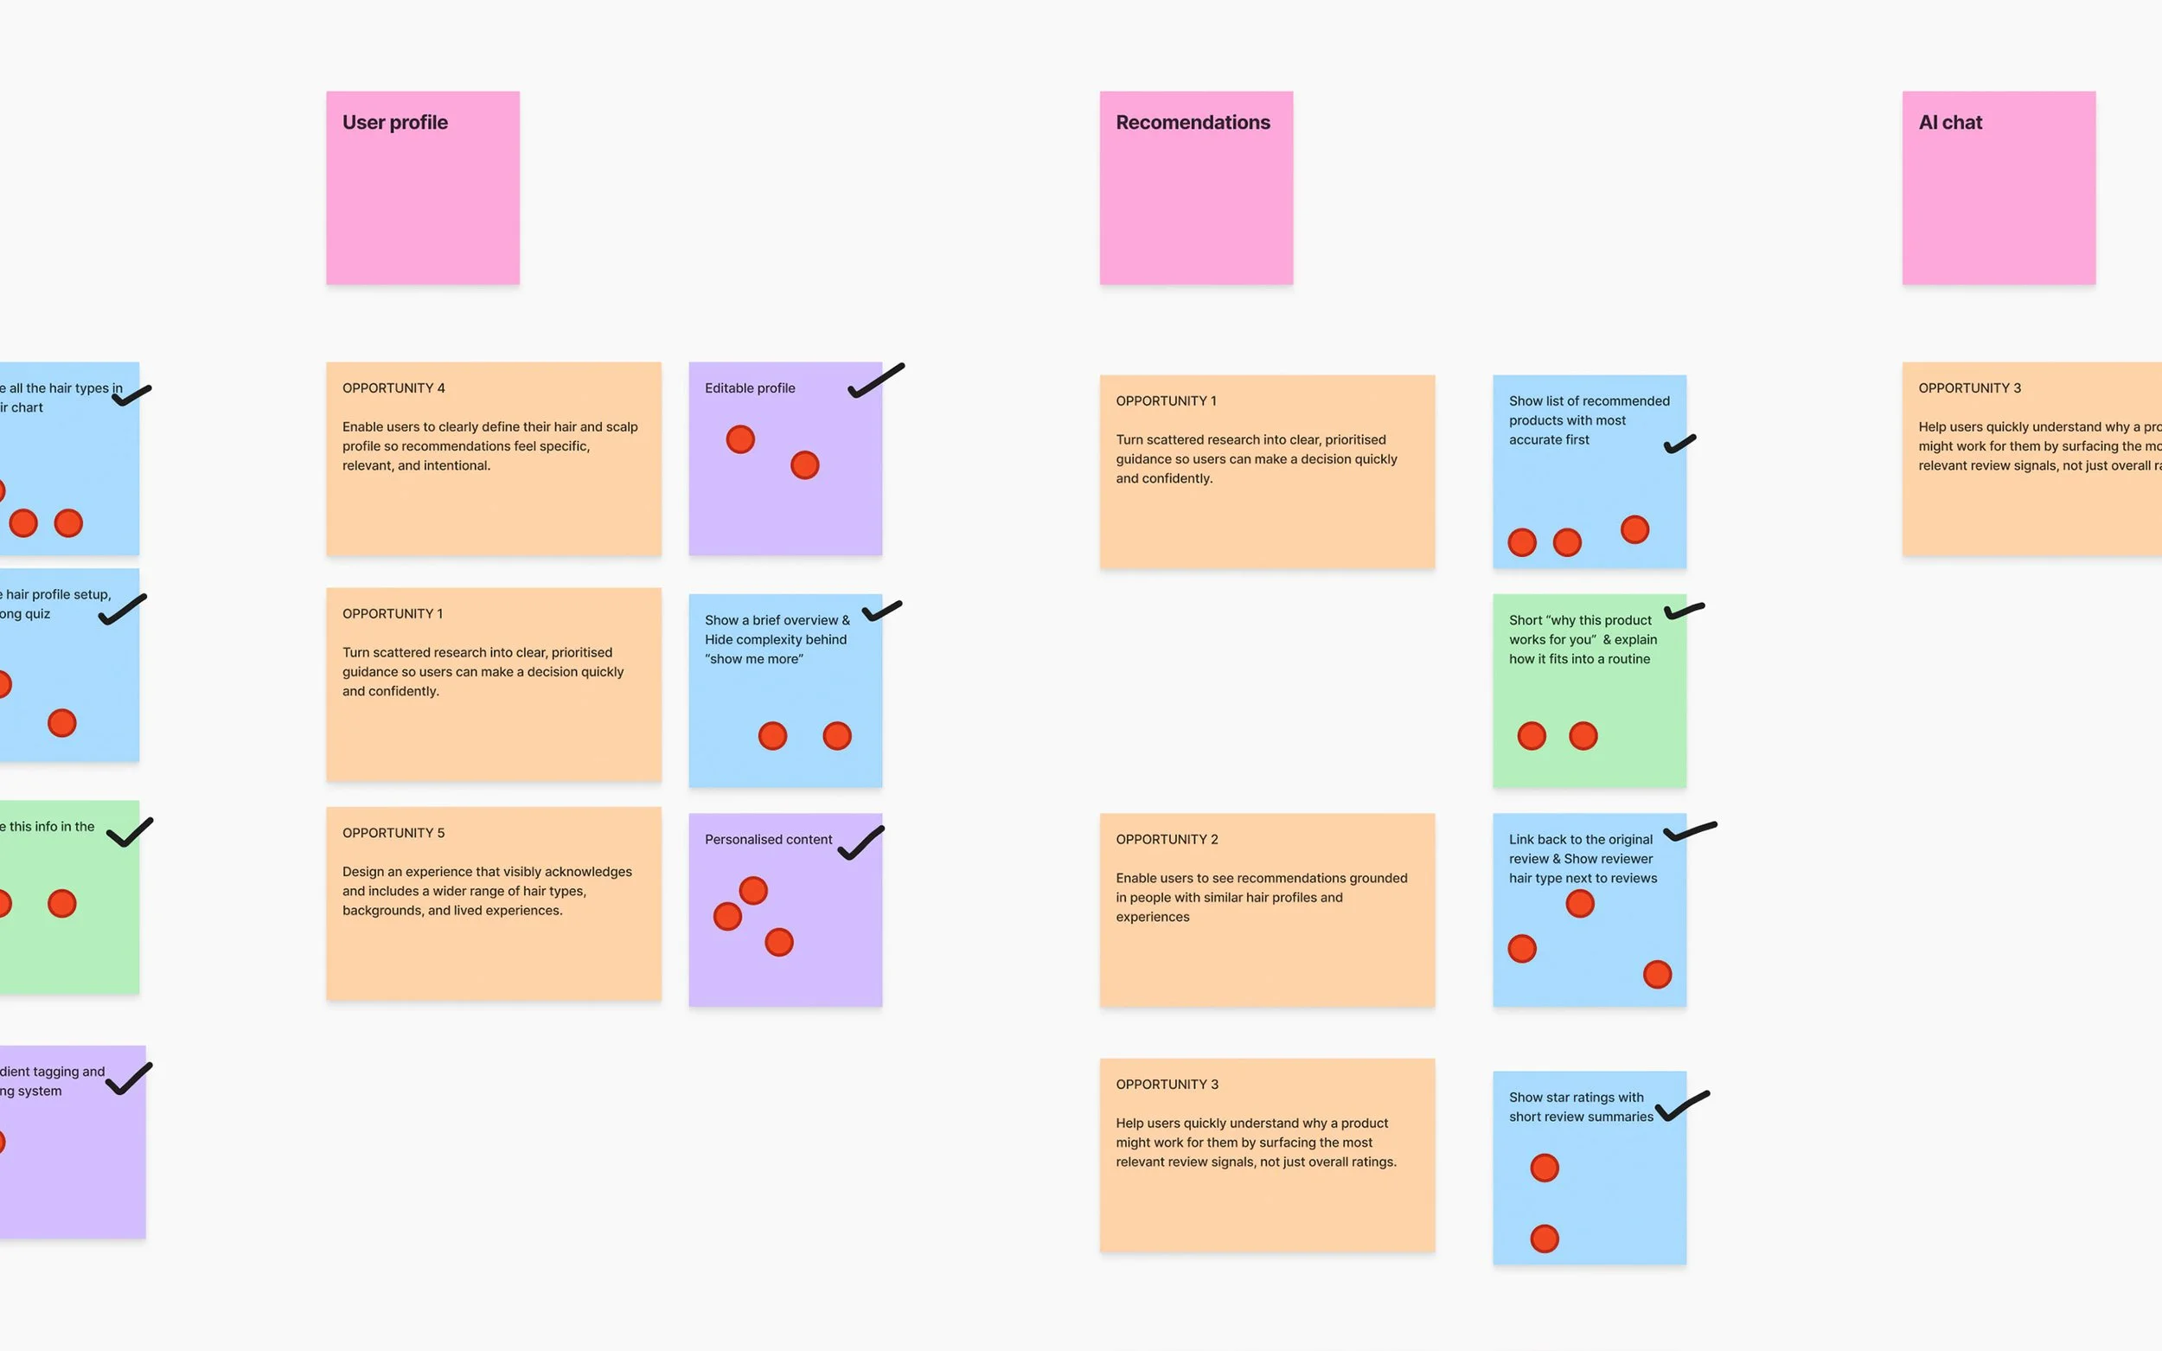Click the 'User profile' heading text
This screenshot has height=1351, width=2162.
(x=395, y=123)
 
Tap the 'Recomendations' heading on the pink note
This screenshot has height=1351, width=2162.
(x=1193, y=123)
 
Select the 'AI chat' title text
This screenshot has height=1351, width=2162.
(x=1949, y=123)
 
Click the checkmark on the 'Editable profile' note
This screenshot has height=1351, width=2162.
(x=874, y=381)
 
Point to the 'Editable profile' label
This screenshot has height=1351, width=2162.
(x=750, y=387)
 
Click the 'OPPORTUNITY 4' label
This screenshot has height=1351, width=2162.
(x=393, y=387)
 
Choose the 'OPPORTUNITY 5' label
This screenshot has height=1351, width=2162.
(x=393, y=833)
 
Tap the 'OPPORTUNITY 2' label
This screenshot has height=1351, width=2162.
(x=1167, y=839)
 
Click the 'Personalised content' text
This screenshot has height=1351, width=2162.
(x=768, y=839)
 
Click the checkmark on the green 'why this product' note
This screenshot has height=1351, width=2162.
(x=1683, y=611)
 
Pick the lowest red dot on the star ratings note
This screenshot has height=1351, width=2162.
(x=1544, y=1239)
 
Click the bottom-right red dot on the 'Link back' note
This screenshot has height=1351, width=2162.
(x=1656, y=974)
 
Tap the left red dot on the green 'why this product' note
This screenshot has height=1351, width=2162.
(x=1532, y=735)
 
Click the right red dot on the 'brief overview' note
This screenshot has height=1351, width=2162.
(x=836, y=735)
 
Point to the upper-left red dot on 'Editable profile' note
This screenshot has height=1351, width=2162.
(x=739, y=439)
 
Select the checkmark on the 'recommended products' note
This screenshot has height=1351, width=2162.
(x=1679, y=444)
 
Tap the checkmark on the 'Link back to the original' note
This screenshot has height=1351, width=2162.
(x=1687, y=832)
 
